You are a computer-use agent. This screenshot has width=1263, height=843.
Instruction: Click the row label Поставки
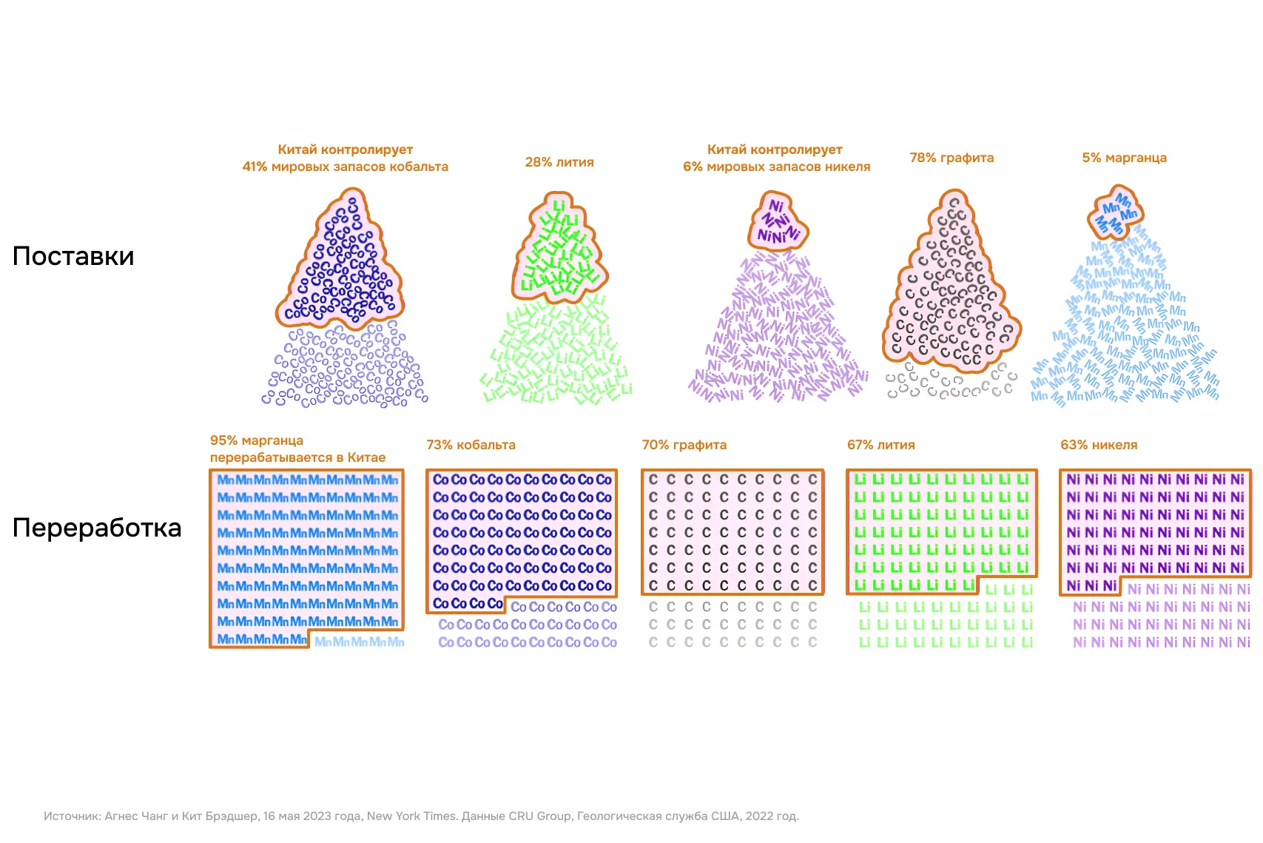(x=73, y=256)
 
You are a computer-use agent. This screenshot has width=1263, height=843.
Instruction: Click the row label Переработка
(x=97, y=528)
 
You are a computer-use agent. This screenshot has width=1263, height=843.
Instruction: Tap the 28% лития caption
(x=559, y=162)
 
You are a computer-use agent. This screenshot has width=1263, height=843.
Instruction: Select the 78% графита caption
(x=952, y=158)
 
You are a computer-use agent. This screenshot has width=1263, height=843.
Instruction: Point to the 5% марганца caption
(x=1124, y=158)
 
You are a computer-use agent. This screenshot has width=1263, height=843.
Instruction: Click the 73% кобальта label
(x=471, y=445)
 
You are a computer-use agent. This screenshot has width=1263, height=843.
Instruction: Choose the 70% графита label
(x=684, y=445)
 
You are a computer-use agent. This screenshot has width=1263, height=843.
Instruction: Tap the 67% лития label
(x=880, y=445)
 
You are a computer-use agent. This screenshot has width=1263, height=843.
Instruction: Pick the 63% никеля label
(x=1099, y=445)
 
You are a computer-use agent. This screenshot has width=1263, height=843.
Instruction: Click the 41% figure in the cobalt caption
(x=255, y=167)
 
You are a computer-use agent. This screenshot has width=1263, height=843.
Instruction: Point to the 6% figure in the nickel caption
(x=693, y=167)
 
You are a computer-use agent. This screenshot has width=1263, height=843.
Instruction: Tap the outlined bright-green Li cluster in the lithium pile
(x=558, y=252)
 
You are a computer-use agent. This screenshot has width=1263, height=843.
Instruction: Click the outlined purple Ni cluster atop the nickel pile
(x=778, y=221)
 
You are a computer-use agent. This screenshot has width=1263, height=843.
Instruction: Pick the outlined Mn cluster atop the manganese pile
(x=1116, y=213)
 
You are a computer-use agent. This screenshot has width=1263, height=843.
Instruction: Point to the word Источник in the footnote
(x=72, y=816)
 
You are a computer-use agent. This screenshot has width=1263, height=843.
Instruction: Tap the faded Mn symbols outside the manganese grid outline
(x=359, y=642)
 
